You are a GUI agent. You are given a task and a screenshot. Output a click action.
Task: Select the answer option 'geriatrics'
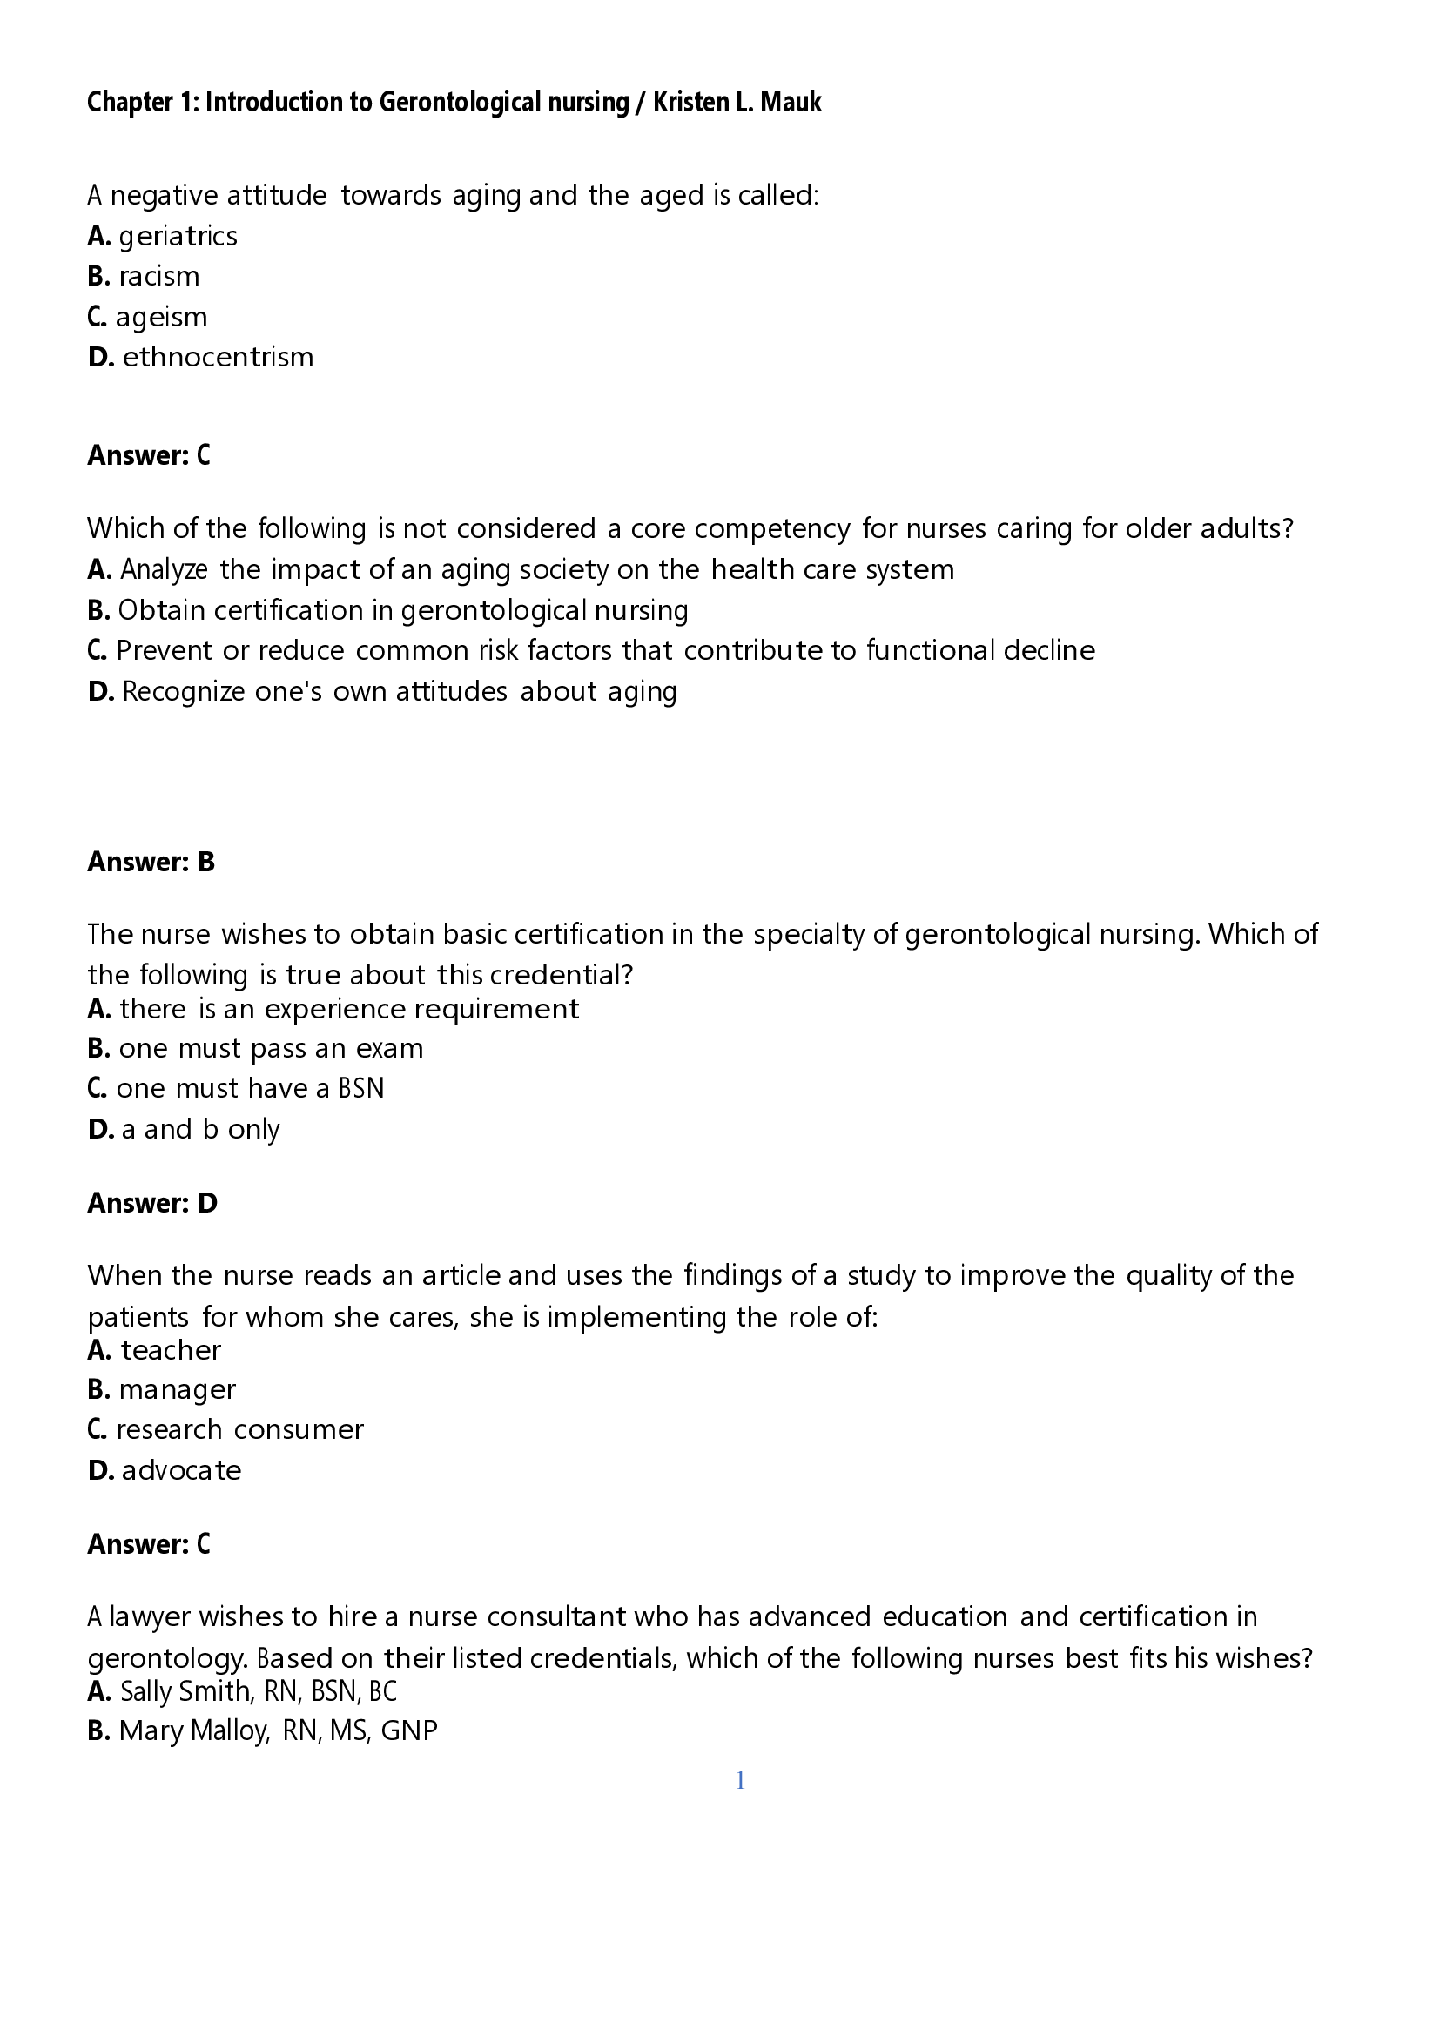178,236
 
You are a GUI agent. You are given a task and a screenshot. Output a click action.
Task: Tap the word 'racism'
158,277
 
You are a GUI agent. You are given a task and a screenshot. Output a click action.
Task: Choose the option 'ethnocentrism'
219,358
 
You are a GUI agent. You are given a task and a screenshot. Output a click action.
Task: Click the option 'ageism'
161,317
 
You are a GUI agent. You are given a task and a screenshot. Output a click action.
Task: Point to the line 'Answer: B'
151,862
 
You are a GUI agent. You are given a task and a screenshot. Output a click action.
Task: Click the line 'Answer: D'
152,1203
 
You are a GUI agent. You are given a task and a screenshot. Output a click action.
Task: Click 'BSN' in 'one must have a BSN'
361,1088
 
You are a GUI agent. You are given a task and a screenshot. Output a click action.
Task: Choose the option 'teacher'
171,1351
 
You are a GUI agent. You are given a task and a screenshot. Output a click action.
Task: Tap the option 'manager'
178,1389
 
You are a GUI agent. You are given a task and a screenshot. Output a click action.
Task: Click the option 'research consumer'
239,1429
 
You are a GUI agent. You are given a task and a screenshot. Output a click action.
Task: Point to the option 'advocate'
181,1470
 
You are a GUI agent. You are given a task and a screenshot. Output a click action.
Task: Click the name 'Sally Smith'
185,1691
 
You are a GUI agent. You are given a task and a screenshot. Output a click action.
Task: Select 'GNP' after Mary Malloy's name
409,1731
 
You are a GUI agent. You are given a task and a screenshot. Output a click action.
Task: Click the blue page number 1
740,1781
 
